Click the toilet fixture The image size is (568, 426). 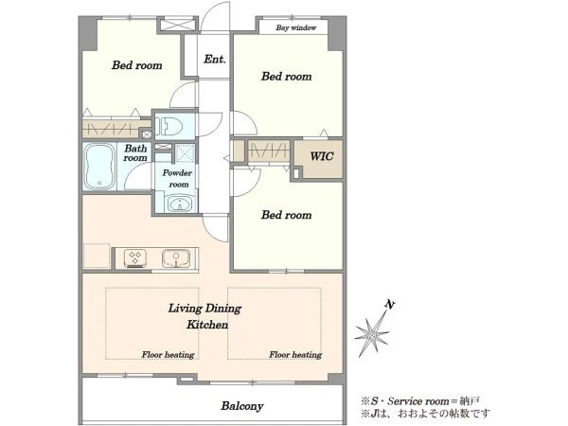(169, 126)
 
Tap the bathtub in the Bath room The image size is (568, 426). (98, 167)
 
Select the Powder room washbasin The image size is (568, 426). (179, 204)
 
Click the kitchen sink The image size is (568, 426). (176, 258)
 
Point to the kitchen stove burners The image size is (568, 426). (135, 258)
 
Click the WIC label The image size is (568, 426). (322, 156)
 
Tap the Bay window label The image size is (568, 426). (296, 27)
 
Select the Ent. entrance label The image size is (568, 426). (215, 59)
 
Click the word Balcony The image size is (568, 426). (242, 406)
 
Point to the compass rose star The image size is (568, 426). (372, 334)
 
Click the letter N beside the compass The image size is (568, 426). (390, 305)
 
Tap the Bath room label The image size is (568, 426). (135, 153)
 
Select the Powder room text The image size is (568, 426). (177, 179)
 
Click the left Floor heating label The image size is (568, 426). (168, 355)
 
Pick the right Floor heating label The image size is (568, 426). (295, 355)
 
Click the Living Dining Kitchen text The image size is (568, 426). (205, 316)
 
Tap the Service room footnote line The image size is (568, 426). (419, 401)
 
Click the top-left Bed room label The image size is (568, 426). (136, 65)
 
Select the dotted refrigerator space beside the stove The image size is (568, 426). (97, 257)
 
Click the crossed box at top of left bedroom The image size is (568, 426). (177, 25)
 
